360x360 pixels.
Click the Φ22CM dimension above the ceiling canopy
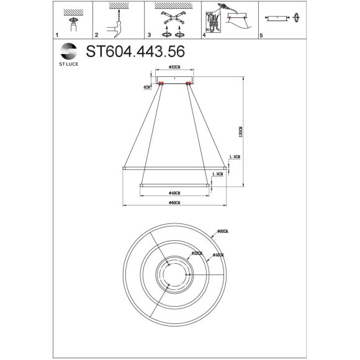pyautogui.click(x=174, y=66)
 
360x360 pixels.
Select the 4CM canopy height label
pyautogui.click(x=146, y=88)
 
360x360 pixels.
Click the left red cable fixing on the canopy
pyautogui.click(x=161, y=84)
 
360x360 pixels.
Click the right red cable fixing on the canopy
pyautogui.click(x=189, y=84)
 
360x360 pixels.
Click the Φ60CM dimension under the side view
pyautogui.click(x=174, y=202)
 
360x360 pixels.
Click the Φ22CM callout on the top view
pyautogui.click(x=197, y=253)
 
